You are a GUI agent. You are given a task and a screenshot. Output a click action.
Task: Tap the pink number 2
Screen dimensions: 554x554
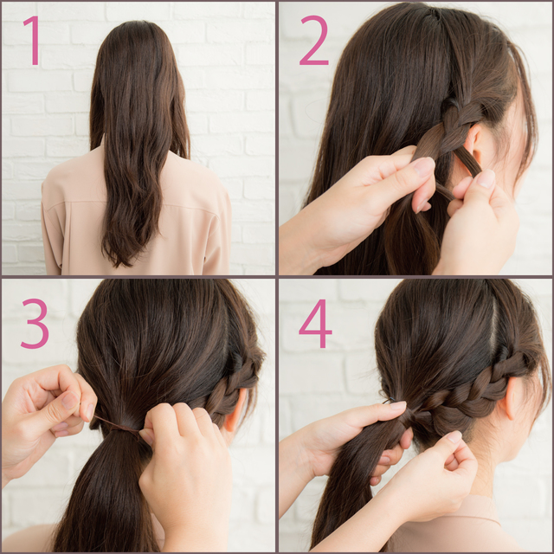pyautogui.click(x=313, y=41)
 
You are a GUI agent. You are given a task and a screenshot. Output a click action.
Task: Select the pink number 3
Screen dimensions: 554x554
pyautogui.click(x=35, y=324)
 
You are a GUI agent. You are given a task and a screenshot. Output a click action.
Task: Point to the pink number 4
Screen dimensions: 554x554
pyautogui.click(x=315, y=324)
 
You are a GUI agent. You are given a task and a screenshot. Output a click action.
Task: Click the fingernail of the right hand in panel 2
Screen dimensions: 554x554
pyautogui.click(x=486, y=178)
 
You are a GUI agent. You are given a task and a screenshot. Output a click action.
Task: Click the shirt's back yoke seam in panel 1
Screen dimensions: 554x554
pyautogui.click(x=134, y=206)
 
